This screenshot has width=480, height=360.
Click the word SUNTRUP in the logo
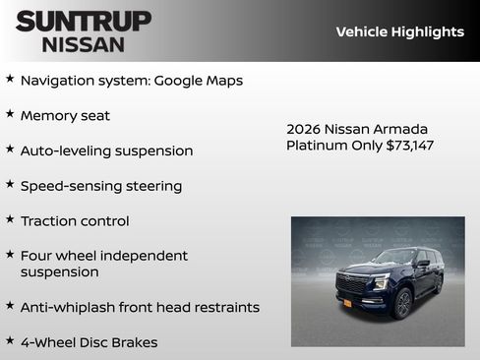pos(84,21)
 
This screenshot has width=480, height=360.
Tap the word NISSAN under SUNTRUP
pos(84,44)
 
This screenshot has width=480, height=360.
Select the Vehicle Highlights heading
pos(399,31)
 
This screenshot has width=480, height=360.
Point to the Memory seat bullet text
pos(65,115)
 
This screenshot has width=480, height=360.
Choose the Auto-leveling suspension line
pos(106,150)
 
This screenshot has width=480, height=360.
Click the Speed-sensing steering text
pos(101,186)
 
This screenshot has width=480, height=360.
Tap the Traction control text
pos(75,221)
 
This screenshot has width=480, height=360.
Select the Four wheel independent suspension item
pos(103,264)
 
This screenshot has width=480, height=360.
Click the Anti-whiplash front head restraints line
pos(140,307)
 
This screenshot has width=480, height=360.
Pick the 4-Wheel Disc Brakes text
pos(89,342)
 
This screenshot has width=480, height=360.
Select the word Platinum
pos(317,146)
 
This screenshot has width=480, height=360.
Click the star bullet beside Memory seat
pos(10,114)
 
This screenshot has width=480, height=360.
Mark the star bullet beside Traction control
pos(10,220)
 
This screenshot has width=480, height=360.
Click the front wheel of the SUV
pos(402,304)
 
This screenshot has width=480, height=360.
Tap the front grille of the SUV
pos(351,284)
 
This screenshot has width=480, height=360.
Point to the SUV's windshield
pos(393,258)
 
